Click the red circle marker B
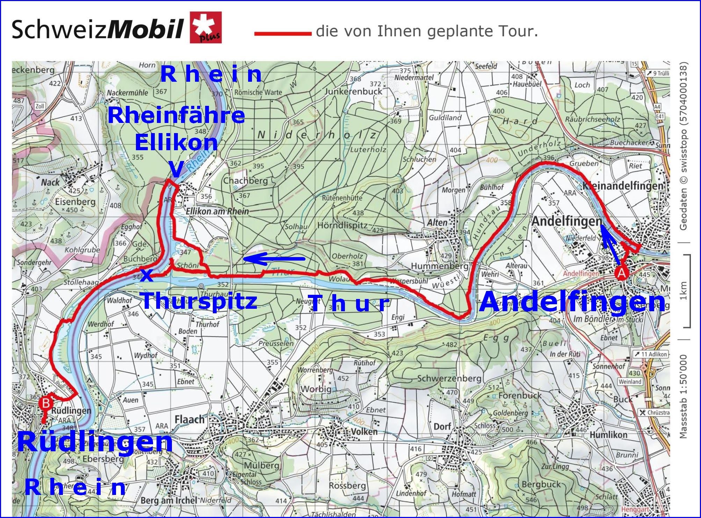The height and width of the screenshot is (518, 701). click(46, 403)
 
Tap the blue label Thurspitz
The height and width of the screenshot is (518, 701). click(200, 301)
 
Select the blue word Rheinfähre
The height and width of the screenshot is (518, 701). click(176, 116)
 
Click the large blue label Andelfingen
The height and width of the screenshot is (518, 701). click(572, 302)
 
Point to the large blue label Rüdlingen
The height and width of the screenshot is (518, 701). click(95, 442)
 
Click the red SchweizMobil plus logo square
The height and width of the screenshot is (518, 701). click(206, 28)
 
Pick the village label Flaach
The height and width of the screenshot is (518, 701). click(189, 419)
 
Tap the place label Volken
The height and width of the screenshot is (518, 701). click(364, 432)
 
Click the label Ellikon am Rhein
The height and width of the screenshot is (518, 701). click(217, 211)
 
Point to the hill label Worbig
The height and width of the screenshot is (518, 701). click(316, 389)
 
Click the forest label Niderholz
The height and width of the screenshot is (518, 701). click(317, 136)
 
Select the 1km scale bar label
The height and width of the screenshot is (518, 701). click(683, 291)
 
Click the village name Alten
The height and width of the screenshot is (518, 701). click(437, 223)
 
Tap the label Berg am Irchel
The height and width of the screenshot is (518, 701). click(169, 501)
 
